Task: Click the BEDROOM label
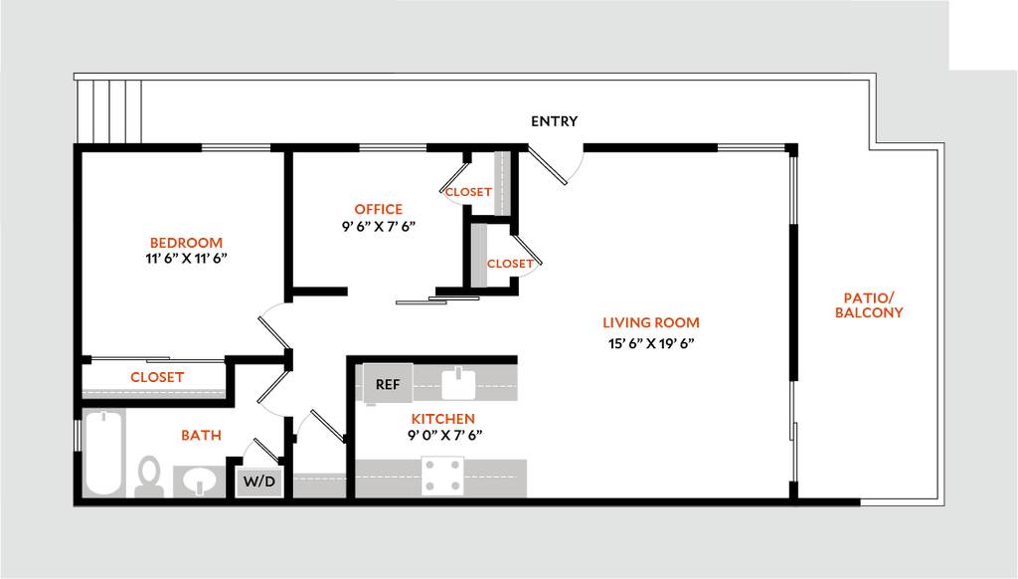[x=186, y=243]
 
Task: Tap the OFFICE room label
[x=379, y=210]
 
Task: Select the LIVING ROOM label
[x=651, y=323]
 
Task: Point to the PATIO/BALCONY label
[x=869, y=305]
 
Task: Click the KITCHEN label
[x=443, y=420]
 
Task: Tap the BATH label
[x=201, y=436]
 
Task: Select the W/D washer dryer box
[x=259, y=482]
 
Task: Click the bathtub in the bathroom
[x=102, y=453]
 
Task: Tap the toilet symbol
[x=149, y=474]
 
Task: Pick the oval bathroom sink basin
[x=201, y=481]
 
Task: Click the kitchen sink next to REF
[x=458, y=382]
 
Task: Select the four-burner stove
[x=442, y=476]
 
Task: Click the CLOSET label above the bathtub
[x=157, y=378]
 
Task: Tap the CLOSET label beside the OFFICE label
[x=467, y=192]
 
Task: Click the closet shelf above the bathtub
[x=154, y=392]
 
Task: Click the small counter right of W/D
[x=319, y=482]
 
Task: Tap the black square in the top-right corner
[x=983, y=33]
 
